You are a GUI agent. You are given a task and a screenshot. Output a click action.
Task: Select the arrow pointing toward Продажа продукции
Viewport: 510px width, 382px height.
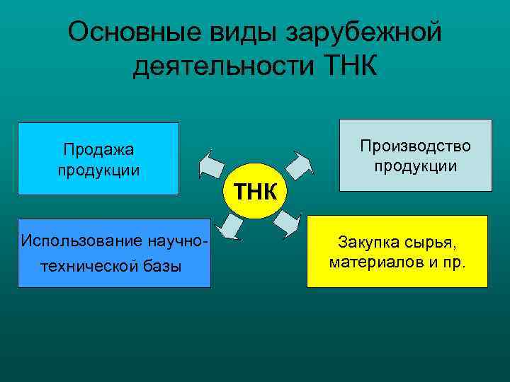pyautogui.click(x=212, y=164)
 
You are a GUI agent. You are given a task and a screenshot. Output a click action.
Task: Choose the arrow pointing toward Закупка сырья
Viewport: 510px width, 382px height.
pyautogui.click(x=287, y=224)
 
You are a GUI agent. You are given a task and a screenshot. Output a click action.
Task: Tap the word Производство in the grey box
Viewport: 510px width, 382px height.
pyautogui.click(x=415, y=146)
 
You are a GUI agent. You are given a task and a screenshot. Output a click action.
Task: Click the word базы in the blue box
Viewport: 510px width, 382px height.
pyautogui.click(x=164, y=267)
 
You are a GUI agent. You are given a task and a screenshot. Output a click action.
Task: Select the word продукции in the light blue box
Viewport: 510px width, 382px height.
pyautogui.click(x=98, y=170)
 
